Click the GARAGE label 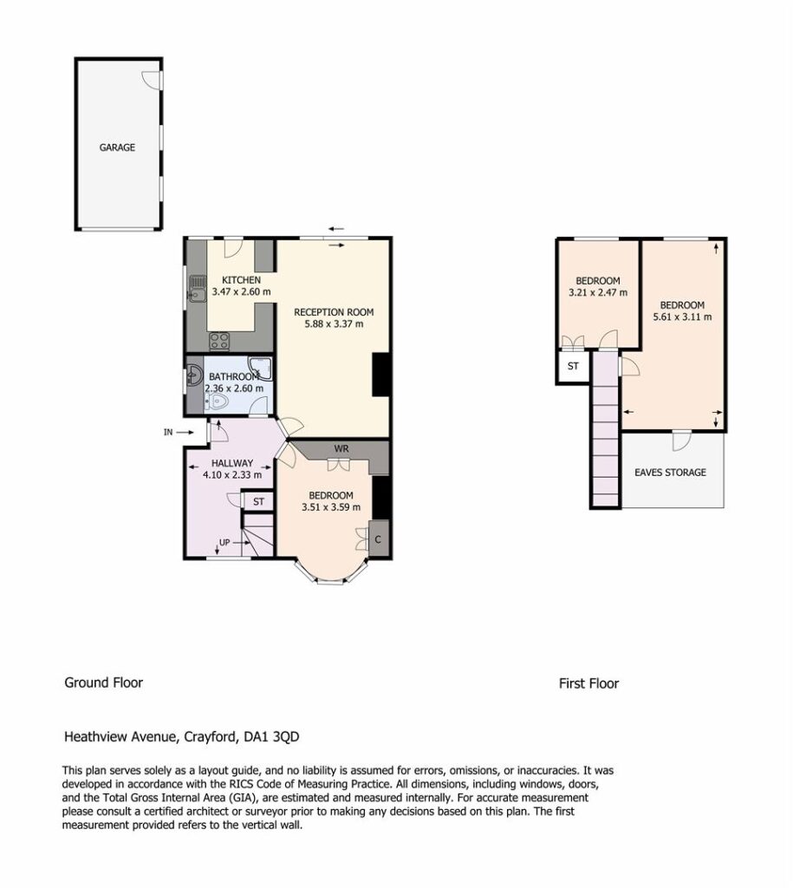117,147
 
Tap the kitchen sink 197,288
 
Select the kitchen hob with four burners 219,341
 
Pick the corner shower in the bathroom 260,368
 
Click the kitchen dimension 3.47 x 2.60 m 241,292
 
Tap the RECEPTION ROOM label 334,312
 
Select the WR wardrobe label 341,448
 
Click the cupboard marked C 378,539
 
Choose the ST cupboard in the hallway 258,502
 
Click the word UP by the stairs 224,543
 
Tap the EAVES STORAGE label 670,473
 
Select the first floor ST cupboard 574,367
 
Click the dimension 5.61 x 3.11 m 683,317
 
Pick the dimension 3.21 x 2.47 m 598,293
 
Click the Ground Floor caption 104,682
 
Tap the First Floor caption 588,683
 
